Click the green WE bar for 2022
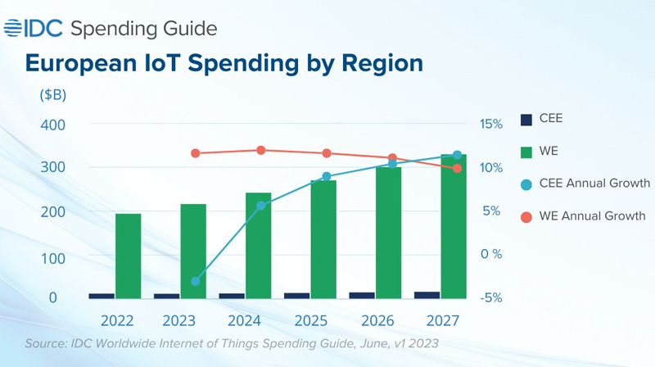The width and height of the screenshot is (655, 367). point(128,256)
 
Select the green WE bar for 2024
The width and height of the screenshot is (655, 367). point(258,246)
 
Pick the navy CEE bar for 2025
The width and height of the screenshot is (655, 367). point(296,295)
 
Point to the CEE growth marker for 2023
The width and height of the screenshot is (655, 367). point(195,281)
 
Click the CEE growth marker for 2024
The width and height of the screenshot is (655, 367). point(261,206)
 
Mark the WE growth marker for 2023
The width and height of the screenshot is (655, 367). point(195,153)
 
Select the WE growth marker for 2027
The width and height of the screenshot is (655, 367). point(457,168)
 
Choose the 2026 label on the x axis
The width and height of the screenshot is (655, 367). point(377,319)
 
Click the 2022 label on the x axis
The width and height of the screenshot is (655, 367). point(116,319)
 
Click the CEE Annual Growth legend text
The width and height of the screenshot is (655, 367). point(594,183)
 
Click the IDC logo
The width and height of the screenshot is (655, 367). point(34,29)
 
